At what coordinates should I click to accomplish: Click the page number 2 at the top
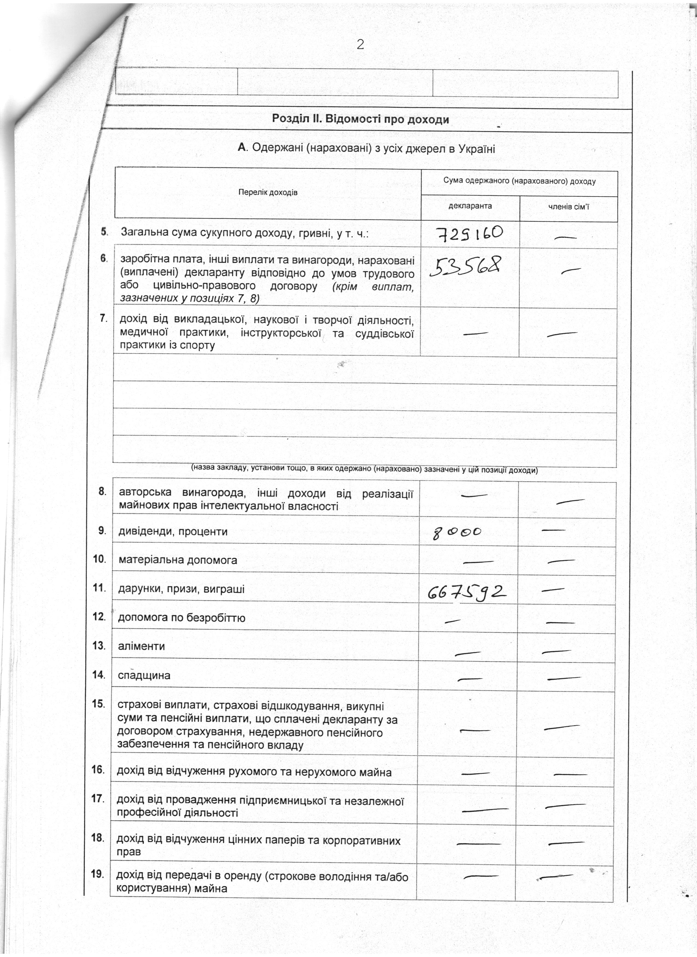[360, 44]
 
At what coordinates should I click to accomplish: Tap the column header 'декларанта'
[470, 206]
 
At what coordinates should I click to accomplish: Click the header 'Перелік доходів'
[268, 193]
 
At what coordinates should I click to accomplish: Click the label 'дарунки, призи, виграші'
[181, 589]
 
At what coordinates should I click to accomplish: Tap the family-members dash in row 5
[566, 238]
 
